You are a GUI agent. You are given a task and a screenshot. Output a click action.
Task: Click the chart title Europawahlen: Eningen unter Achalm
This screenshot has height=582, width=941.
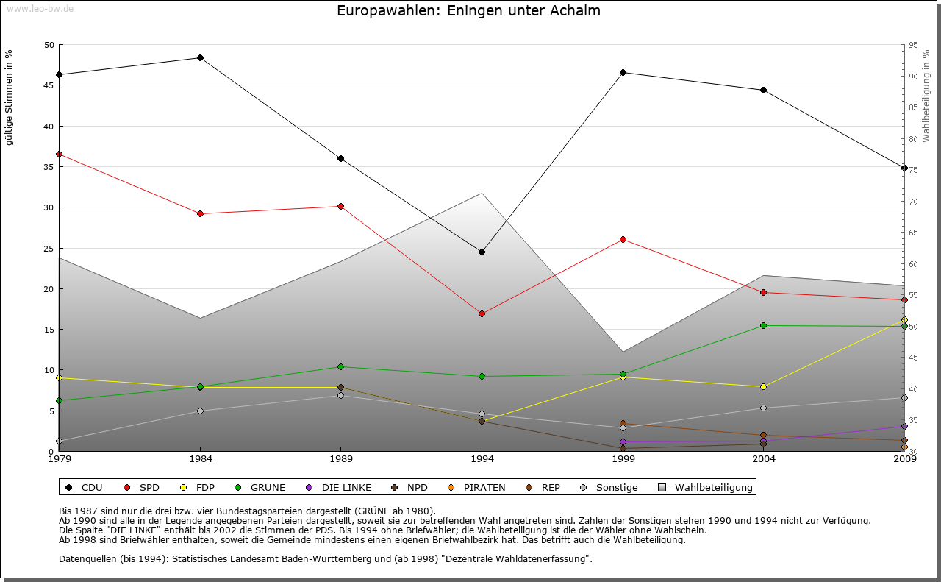pyautogui.click(x=468, y=11)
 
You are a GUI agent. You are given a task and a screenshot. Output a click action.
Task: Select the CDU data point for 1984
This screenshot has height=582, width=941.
pyautogui.click(x=200, y=57)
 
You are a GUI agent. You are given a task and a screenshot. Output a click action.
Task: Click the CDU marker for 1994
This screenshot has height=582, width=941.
pyautogui.click(x=482, y=252)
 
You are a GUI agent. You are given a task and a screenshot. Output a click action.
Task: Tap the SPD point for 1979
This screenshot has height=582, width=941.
pyautogui.click(x=59, y=154)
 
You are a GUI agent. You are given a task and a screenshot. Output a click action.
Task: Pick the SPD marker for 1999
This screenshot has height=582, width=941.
pyautogui.click(x=623, y=239)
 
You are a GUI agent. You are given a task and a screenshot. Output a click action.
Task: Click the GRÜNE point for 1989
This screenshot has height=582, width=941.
pyautogui.click(x=340, y=366)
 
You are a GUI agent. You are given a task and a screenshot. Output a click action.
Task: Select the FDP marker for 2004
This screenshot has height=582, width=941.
pyautogui.click(x=763, y=386)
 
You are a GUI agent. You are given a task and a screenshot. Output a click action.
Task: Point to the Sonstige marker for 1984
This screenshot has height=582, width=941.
pyautogui.click(x=200, y=411)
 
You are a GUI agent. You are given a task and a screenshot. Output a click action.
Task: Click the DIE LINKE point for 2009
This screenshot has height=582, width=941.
pyautogui.click(x=904, y=426)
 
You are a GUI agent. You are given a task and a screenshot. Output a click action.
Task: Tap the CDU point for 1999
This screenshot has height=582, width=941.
pyautogui.click(x=623, y=72)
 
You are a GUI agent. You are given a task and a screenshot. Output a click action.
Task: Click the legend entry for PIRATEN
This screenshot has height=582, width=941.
pyautogui.click(x=477, y=487)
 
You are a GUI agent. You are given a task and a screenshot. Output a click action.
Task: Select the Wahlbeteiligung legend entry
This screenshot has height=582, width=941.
pyautogui.click(x=706, y=487)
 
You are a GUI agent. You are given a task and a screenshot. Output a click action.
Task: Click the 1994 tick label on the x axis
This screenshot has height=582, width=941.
pyautogui.click(x=482, y=460)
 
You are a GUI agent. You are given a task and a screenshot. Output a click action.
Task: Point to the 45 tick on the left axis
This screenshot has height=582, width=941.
pyautogui.click(x=49, y=85)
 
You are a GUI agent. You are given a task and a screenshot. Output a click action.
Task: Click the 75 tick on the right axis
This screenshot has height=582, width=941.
pyautogui.click(x=913, y=170)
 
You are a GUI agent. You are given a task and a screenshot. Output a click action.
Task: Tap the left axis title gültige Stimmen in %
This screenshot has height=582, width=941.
pyautogui.click(x=10, y=97)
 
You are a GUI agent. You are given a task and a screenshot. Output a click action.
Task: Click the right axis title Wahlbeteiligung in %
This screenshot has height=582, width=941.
pyautogui.click(x=926, y=96)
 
